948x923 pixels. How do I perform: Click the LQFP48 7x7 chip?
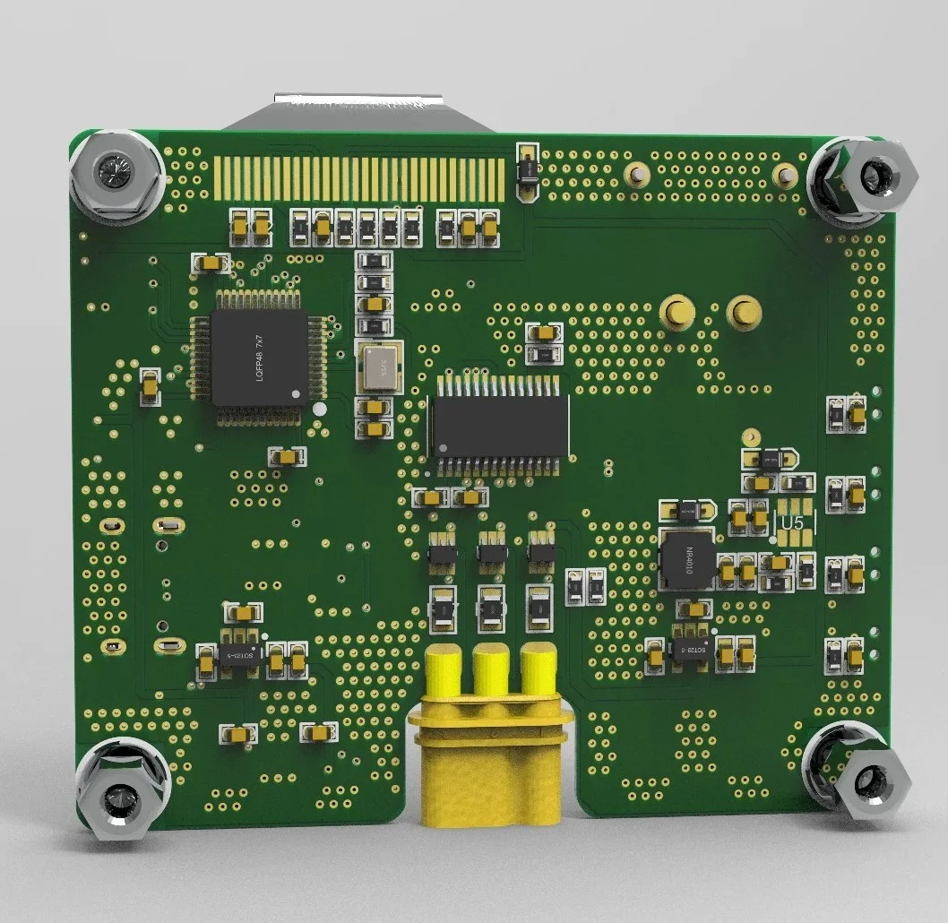[x=259, y=356]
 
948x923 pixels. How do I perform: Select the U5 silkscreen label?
[x=791, y=522]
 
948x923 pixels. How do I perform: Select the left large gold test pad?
[x=677, y=312]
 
